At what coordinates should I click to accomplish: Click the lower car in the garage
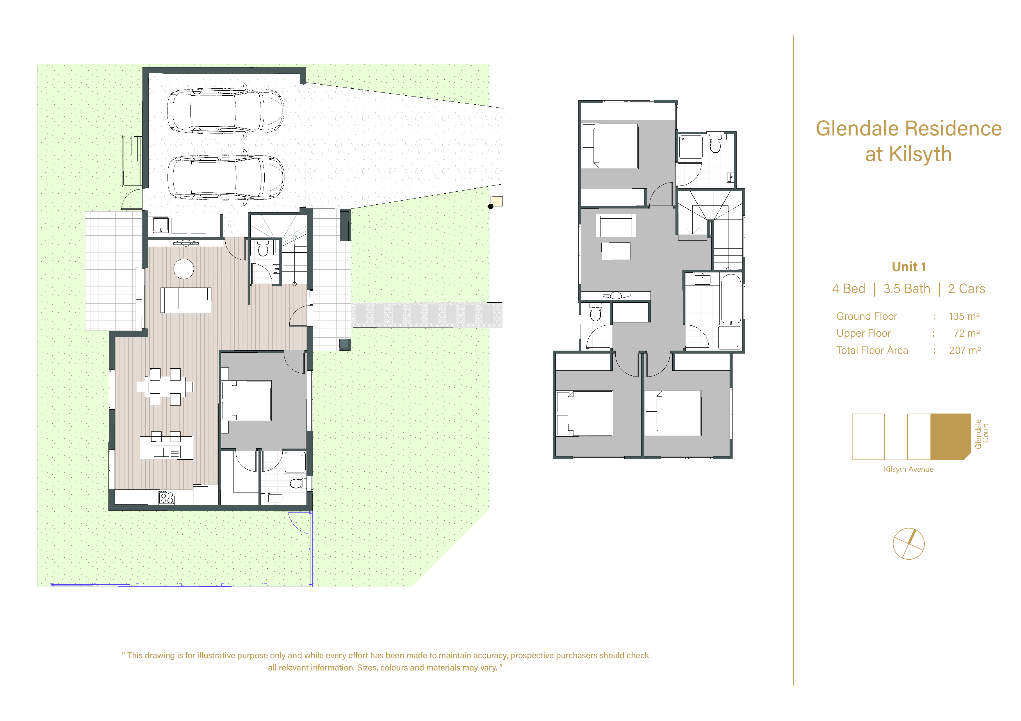[225, 177]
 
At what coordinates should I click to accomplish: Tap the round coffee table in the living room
[184, 269]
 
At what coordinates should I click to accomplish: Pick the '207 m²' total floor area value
[965, 350]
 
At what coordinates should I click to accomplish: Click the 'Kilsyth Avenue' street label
[908, 470]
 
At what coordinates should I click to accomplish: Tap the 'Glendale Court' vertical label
[981, 434]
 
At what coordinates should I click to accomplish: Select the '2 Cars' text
[966, 289]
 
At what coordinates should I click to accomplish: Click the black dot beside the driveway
[491, 206]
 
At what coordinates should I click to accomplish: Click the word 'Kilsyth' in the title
[920, 154]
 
